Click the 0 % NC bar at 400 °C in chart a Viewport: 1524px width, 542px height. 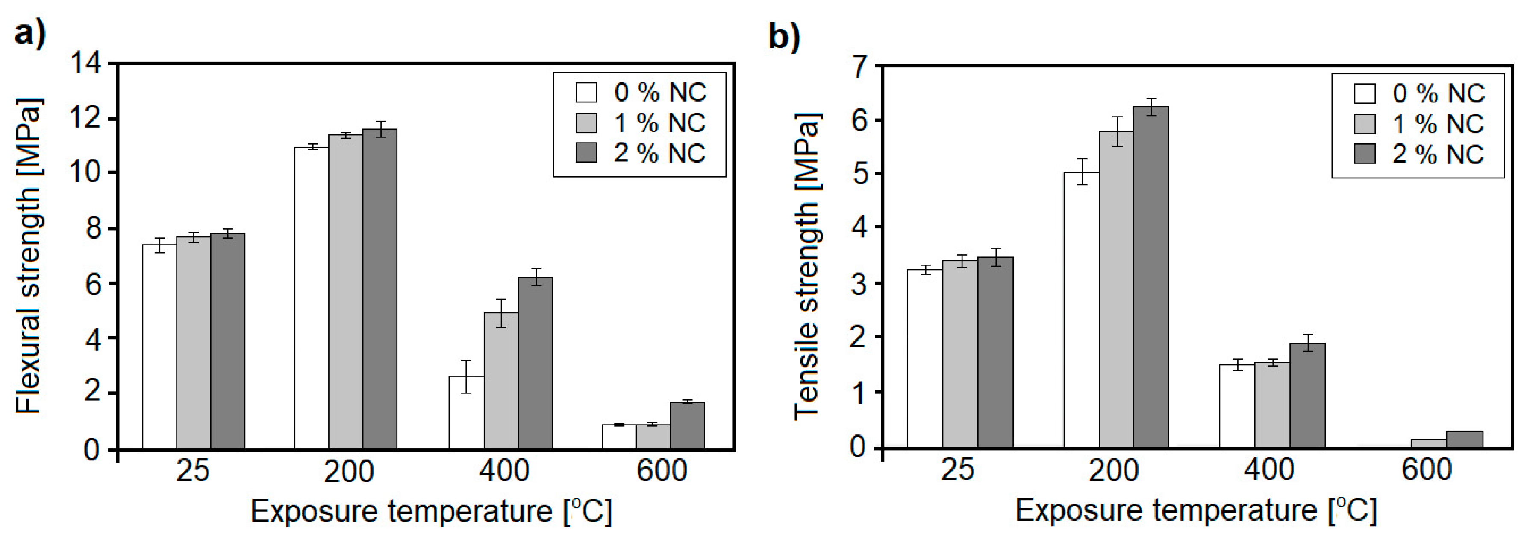pos(466,413)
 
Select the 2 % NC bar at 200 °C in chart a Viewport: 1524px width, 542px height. pos(380,290)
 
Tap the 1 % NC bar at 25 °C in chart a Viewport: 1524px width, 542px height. pos(194,343)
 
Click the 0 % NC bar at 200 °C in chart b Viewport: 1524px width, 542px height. pos(1082,310)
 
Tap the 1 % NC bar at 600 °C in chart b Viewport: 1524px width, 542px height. pos(1428,443)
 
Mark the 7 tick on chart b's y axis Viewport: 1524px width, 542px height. pos(865,65)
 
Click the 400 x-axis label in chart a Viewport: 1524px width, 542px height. pos(504,472)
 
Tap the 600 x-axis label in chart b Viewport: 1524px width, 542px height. pos(1427,470)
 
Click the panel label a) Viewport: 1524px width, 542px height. pos(29,34)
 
